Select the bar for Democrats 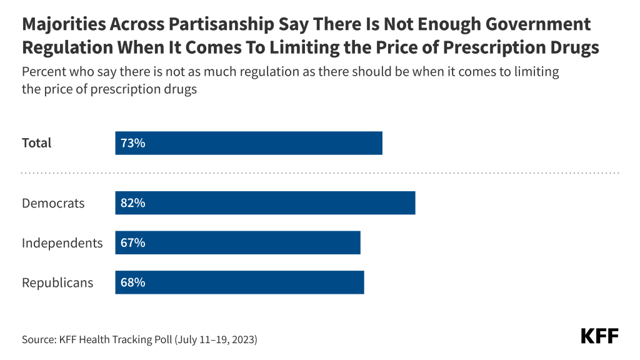click(265, 203)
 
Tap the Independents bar click(237, 242)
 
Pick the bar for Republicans click(239, 282)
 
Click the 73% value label click(133, 143)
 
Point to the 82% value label click(133, 203)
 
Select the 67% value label click(133, 242)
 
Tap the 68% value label click(133, 282)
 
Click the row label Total click(37, 143)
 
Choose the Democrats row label click(53, 203)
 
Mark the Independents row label click(62, 243)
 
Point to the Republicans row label click(57, 282)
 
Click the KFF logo click(599, 336)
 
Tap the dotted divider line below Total click(320, 172)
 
